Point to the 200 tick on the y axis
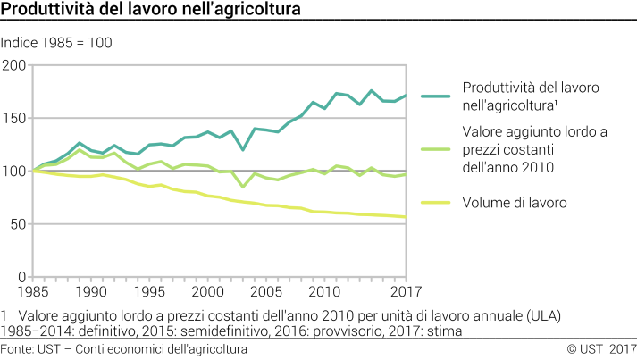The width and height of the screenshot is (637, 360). point(14,65)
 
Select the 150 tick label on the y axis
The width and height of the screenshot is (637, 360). point(14,118)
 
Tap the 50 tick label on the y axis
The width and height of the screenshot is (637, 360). point(18,223)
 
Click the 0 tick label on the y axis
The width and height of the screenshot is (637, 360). point(22,276)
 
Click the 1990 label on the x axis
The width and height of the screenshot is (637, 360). point(90,292)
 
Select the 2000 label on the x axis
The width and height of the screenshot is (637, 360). point(207,292)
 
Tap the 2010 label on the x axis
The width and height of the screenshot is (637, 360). point(324,292)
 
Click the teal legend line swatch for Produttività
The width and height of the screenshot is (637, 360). point(435,96)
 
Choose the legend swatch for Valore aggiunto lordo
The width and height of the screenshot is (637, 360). point(435,149)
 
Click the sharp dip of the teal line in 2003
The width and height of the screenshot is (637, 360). point(243,149)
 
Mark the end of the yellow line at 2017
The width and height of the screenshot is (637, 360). point(407,217)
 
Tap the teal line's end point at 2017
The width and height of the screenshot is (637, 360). point(407,96)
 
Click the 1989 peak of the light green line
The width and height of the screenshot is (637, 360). point(80,150)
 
